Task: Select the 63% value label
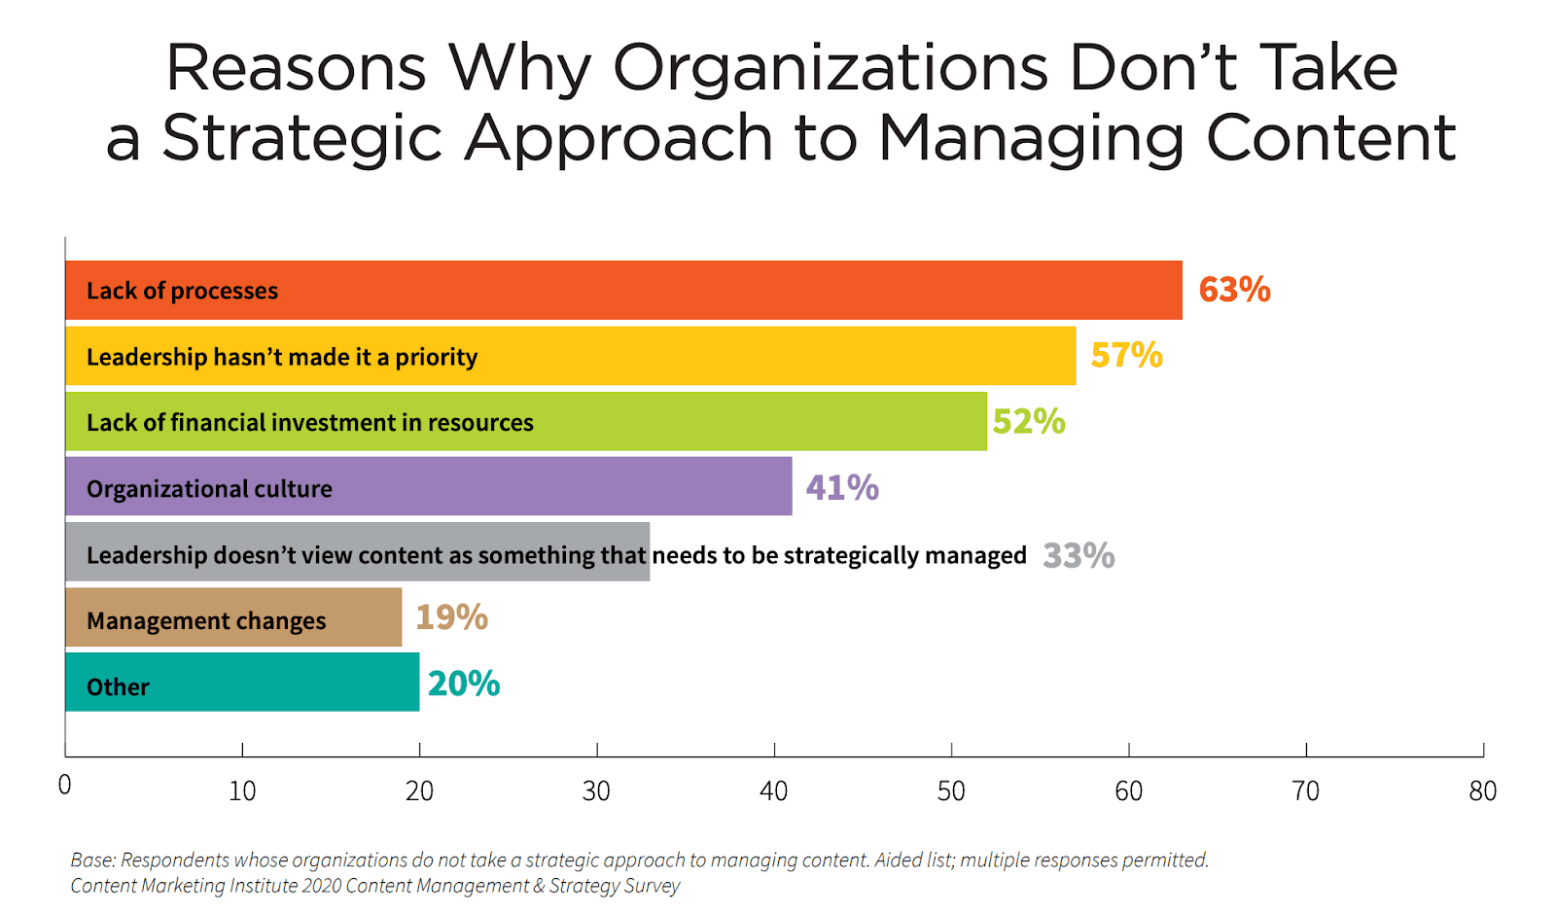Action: click(x=1234, y=290)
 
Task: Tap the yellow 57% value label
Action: click(x=1126, y=356)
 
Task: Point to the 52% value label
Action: click(x=1029, y=422)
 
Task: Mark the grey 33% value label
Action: click(x=1079, y=556)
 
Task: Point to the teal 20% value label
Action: click(x=464, y=685)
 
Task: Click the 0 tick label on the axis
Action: click(x=64, y=786)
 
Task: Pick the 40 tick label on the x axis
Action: click(x=773, y=791)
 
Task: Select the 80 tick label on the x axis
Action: click(x=1482, y=791)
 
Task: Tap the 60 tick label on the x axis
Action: click(x=1128, y=791)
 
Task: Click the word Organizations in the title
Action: click(x=831, y=70)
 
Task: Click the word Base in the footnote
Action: click(x=91, y=860)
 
